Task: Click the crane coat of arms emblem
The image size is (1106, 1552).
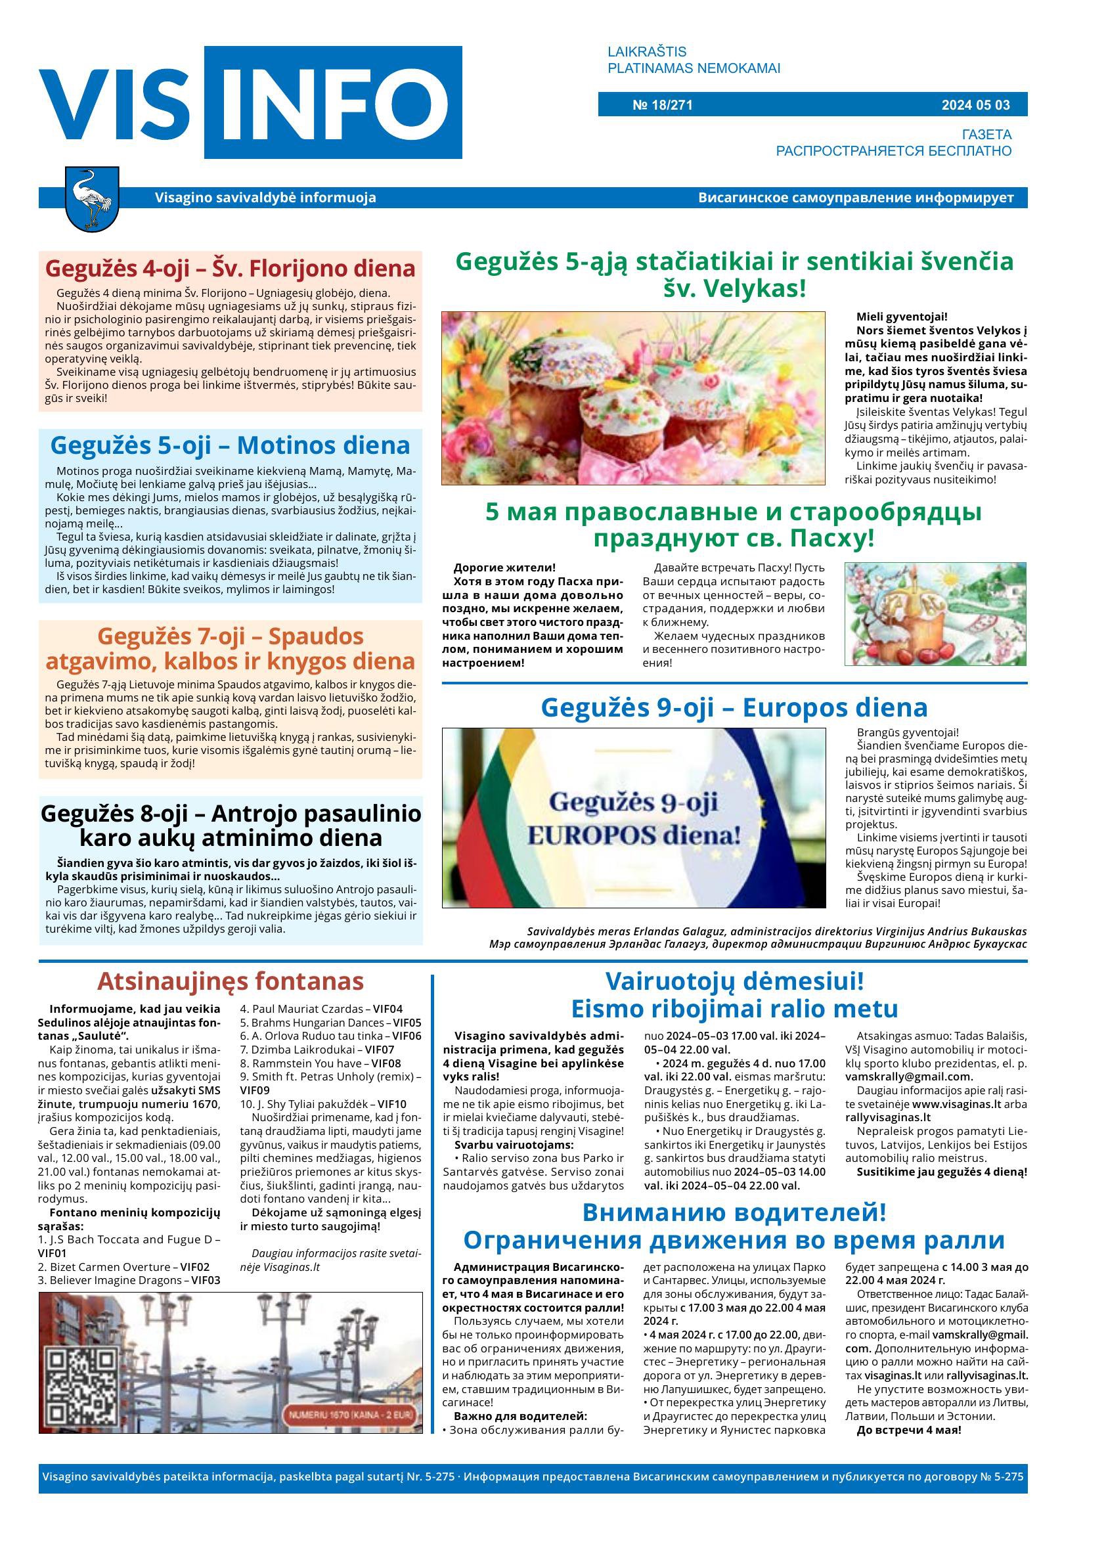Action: point(92,198)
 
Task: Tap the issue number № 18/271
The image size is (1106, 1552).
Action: point(662,105)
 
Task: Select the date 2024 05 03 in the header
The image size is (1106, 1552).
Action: point(975,105)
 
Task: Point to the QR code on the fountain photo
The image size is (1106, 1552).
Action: point(80,1381)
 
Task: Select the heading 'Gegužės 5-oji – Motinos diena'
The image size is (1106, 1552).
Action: point(230,445)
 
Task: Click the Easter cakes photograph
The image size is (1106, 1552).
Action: point(632,398)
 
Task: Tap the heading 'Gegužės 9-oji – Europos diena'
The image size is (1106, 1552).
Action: point(734,707)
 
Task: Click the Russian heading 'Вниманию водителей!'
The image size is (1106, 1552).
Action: point(734,1212)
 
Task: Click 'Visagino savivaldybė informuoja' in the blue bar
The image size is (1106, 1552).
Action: point(265,198)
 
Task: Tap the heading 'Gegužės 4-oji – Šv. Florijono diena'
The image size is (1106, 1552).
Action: point(230,269)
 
